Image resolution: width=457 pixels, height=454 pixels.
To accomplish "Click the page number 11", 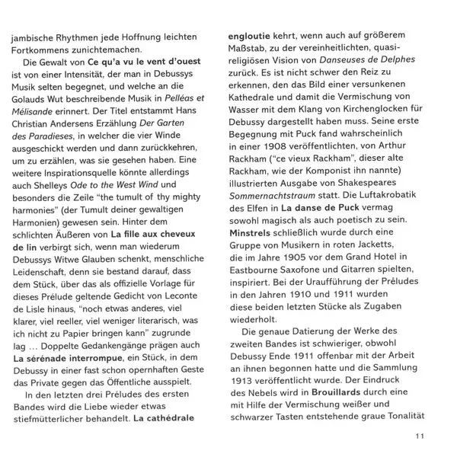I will click(419, 436).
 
